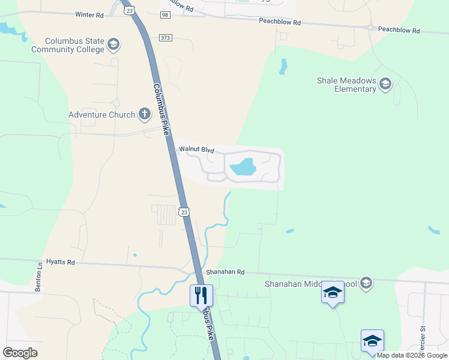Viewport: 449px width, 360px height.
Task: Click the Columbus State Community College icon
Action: click(113, 44)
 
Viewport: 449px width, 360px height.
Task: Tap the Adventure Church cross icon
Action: click(144, 113)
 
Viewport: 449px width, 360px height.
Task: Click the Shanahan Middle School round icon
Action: click(367, 283)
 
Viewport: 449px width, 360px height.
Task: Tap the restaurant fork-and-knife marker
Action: click(201, 295)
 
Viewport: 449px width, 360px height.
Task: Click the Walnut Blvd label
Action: click(196, 149)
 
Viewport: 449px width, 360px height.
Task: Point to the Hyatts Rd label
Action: click(63, 262)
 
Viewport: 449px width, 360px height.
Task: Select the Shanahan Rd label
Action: click(226, 272)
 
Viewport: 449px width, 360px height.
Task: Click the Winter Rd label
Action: click(89, 14)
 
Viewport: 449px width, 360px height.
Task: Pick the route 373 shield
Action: click(166, 37)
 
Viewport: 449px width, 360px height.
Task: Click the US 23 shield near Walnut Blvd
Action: click(184, 211)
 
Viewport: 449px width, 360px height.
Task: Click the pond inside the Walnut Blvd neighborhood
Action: click(243, 167)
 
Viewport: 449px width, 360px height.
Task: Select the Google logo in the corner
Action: click(20, 352)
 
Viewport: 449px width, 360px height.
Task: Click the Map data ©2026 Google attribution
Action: click(412, 356)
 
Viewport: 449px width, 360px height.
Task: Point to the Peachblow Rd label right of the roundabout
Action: click(399, 30)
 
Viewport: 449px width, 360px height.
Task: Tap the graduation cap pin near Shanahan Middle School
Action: click(333, 293)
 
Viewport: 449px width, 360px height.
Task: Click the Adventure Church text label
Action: click(101, 115)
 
